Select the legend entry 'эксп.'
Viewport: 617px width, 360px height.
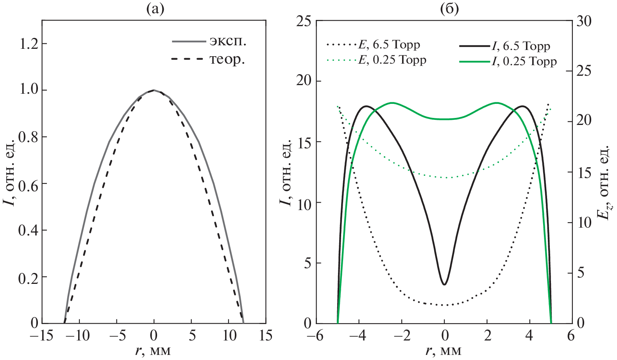point(209,41)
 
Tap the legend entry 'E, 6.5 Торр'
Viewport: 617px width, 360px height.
point(373,45)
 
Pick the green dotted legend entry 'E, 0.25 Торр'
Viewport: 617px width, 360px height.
point(376,60)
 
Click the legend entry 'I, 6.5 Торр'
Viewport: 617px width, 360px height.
point(504,46)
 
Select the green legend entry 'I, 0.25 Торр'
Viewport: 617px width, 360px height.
point(508,61)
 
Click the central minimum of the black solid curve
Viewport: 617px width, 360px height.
point(444,284)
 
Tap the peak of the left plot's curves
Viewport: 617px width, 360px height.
point(154,90)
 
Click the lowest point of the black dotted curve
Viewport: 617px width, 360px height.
point(444,305)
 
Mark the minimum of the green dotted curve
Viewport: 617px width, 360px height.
point(444,178)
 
